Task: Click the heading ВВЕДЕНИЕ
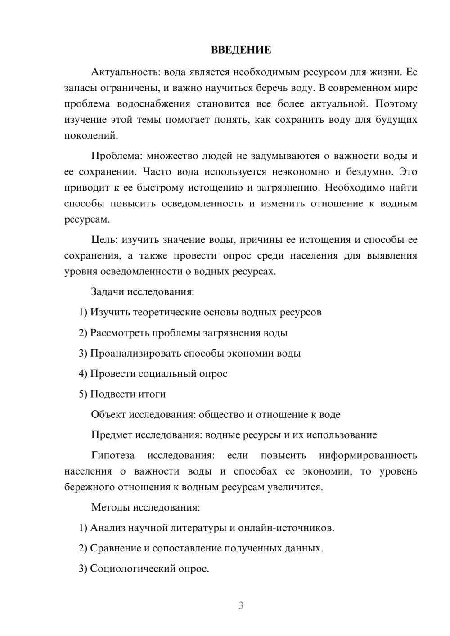[241, 50]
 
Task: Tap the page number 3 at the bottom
[241, 605]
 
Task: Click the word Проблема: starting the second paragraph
[117, 156]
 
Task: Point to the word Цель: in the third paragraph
[104, 240]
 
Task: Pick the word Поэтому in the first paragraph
[396, 104]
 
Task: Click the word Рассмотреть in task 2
[120, 333]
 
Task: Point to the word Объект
[108, 415]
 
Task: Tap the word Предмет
[112, 435]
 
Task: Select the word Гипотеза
[113, 455]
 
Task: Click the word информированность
[368, 455]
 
